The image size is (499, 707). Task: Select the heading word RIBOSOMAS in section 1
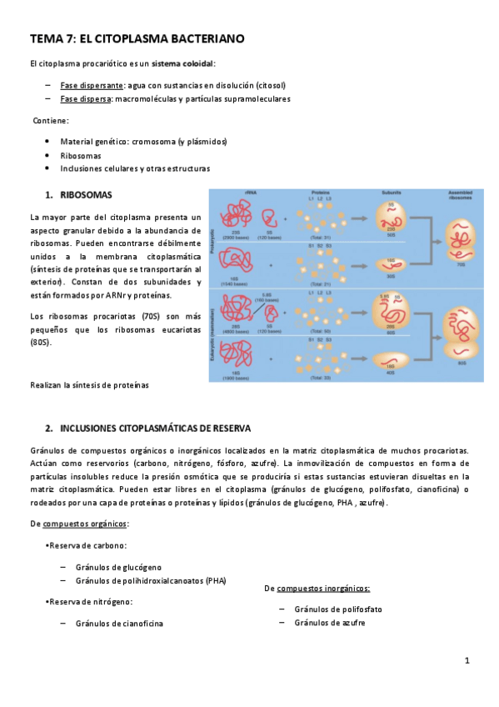click(86, 195)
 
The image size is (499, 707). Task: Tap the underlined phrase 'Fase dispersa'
click(87, 98)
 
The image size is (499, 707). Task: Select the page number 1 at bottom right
click(467, 660)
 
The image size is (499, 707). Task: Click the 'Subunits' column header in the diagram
click(391, 192)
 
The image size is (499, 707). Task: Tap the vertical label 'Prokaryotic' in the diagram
click(213, 238)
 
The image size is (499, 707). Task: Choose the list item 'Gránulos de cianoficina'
click(119, 623)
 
